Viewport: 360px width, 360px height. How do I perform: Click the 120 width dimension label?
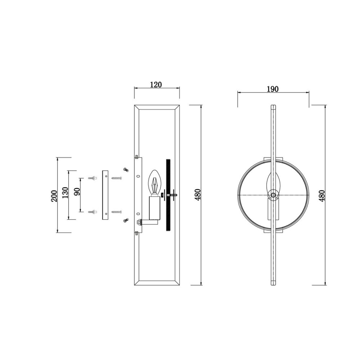(x=156, y=85)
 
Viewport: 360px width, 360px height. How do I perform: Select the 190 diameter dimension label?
(x=273, y=89)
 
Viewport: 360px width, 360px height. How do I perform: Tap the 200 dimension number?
(x=54, y=196)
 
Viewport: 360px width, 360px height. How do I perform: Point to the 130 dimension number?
(x=65, y=192)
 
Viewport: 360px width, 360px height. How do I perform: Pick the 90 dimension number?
(x=77, y=192)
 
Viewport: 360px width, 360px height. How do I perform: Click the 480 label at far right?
(x=322, y=195)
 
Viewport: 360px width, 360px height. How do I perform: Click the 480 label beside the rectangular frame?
(x=198, y=194)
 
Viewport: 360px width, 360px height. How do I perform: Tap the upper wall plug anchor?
(x=93, y=178)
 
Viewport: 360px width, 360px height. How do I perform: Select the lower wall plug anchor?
(x=93, y=211)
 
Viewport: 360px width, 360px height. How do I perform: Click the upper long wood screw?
(x=117, y=178)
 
